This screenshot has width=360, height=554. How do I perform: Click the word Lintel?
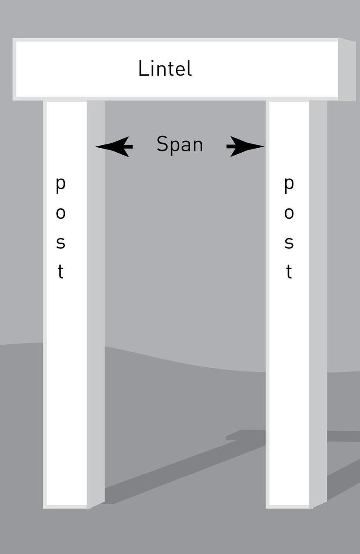tap(165, 69)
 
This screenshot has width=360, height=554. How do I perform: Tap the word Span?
tap(180, 144)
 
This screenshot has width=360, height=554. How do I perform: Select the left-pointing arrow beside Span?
tap(115, 146)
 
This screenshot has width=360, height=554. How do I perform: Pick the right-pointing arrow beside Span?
tap(245, 146)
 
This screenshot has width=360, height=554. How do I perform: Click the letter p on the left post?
tap(60, 184)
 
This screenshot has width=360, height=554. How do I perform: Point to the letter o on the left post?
tap(60, 213)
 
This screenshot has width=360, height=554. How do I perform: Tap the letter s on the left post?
tap(60, 243)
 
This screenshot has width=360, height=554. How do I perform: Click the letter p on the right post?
tap(289, 184)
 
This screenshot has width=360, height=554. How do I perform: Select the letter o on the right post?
tap(289, 213)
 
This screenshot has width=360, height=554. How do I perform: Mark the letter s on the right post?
tap(289, 243)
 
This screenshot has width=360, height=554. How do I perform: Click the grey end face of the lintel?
tap(346, 69)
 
